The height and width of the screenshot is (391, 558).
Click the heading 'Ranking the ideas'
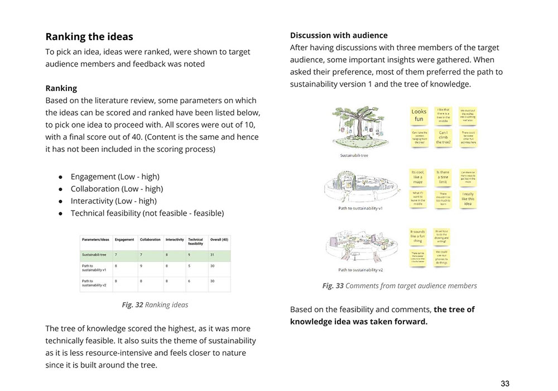(89, 37)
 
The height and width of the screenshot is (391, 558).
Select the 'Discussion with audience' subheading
(339, 35)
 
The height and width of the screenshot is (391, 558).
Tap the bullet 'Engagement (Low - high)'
(115, 177)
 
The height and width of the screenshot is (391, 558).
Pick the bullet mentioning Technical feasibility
(147, 213)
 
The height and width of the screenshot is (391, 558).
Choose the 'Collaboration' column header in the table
(150, 240)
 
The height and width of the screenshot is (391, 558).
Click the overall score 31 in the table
(212, 255)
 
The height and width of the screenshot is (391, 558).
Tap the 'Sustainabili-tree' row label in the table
(94, 255)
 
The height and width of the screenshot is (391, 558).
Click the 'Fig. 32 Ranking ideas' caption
(155, 305)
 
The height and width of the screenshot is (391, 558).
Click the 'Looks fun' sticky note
(419, 115)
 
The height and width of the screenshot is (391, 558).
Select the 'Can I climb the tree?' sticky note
(444, 137)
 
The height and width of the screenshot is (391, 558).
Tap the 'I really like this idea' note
(468, 199)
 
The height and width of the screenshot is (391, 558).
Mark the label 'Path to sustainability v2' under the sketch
(360, 270)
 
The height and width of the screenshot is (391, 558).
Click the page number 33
(505, 383)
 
